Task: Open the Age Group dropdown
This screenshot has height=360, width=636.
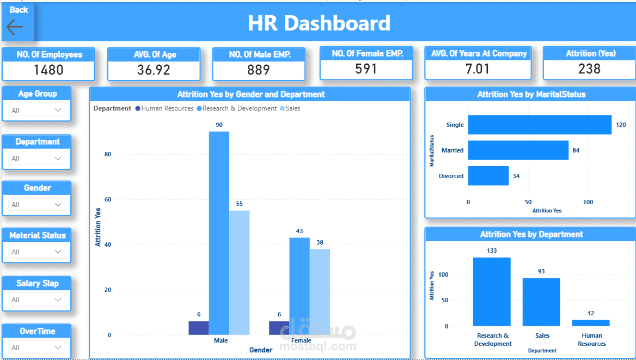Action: tap(36, 110)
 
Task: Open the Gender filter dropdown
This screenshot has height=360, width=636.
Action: tap(36, 205)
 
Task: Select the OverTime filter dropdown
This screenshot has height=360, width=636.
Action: tap(36, 347)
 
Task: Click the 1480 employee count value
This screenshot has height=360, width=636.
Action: tap(48, 70)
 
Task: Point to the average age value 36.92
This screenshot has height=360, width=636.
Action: tap(154, 70)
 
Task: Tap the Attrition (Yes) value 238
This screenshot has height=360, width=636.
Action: tap(589, 69)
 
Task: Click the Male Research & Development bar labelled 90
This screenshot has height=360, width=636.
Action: tap(219, 233)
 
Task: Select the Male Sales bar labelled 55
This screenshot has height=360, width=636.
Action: tap(239, 273)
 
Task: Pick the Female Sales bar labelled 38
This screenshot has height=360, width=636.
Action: tap(320, 292)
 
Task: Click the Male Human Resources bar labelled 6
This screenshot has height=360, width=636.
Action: tap(199, 328)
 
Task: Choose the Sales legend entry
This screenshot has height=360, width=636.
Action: tap(290, 108)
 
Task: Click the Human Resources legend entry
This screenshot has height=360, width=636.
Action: tap(164, 108)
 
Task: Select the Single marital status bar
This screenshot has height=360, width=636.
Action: tap(540, 125)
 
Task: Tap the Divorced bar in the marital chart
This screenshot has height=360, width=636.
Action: tap(488, 176)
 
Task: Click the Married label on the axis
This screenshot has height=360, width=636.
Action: tap(452, 150)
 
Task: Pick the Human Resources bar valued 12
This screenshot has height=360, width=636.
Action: tap(591, 323)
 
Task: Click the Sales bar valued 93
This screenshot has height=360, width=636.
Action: tap(541, 302)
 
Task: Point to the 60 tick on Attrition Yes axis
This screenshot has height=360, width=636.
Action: tap(107, 200)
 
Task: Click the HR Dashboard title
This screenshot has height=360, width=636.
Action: tap(319, 23)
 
